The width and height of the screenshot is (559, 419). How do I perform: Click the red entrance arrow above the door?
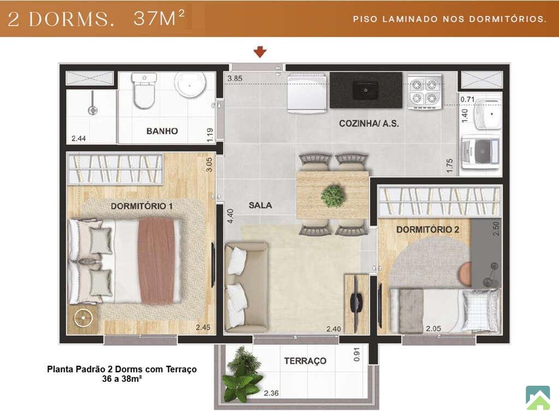tap(260, 52)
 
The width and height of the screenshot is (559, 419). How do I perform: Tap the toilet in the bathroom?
tap(144, 91)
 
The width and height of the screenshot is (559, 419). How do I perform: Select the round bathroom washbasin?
tap(190, 85)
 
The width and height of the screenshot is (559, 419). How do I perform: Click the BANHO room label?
tap(162, 131)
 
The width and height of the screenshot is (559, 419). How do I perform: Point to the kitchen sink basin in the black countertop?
tap(366, 90)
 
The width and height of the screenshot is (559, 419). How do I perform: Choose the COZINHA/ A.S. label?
tap(368, 124)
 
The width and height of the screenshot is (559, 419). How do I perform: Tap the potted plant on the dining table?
tap(333, 195)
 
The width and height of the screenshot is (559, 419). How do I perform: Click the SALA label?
tap(260, 205)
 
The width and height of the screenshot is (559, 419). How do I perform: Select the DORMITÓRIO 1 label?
tap(141, 206)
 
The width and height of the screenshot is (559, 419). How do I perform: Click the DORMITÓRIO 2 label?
tap(427, 230)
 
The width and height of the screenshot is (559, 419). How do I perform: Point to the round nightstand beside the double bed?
tap(84, 318)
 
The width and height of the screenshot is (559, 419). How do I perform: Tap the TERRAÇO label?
tap(305, 361)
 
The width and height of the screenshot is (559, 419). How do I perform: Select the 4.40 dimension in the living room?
tap(230, 216)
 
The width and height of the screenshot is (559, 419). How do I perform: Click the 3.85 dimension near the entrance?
tap(235, 79)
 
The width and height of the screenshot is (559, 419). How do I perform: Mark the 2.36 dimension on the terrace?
tap(271, 393)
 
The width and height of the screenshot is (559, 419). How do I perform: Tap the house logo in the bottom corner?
tap(538, 397)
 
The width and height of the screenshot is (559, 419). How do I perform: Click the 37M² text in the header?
tap(159, 18)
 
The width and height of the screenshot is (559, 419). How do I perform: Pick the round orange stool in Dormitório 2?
tap(465, 274)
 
